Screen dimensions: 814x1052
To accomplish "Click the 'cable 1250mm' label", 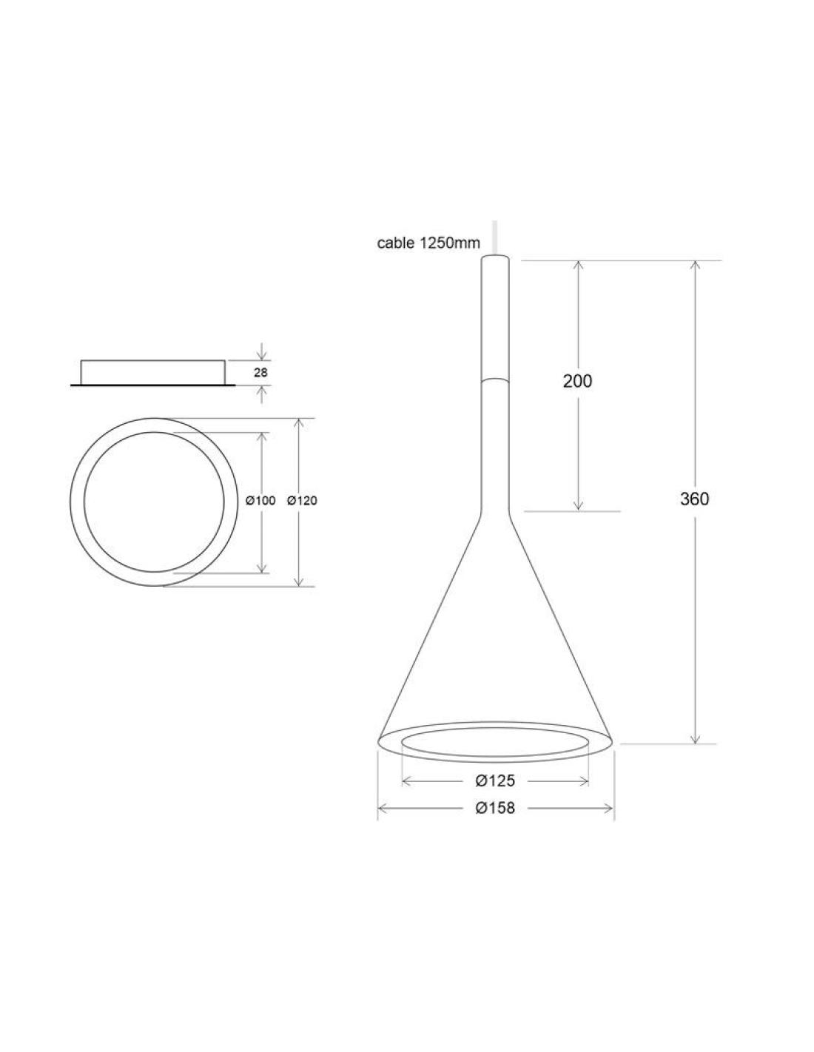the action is (428, 243).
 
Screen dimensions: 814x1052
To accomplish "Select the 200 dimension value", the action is (577, 381).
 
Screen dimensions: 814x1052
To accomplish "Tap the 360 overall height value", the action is (694, 499).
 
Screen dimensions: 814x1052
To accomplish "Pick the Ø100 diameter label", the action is (260, 501).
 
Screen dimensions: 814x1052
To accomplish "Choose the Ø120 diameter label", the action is (302, 501).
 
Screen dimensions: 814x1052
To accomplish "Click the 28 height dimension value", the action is (260, 373).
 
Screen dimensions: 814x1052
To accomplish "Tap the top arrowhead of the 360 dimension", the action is (695, 266).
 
